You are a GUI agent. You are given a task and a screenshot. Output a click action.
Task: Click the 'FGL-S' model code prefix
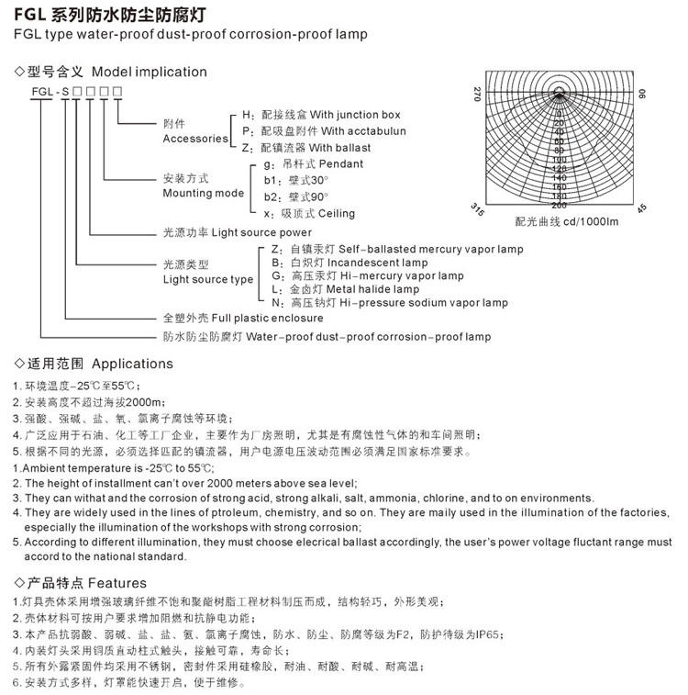click(x=45, y=94)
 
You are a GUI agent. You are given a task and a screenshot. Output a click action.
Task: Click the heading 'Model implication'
click(x=150, y=72)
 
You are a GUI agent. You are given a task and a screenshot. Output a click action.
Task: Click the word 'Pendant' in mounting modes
click(x=339, y=163)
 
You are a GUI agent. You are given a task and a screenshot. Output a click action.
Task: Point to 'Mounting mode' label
click(x=203, y=194)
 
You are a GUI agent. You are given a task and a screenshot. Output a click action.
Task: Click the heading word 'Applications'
click(x=132, y=364)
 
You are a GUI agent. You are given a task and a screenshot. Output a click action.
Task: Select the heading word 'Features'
click(x=117, y=582)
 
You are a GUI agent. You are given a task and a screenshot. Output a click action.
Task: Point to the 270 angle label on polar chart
click(x=478, y=94)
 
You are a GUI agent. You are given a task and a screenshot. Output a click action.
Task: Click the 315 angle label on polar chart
click(x=477, y=208)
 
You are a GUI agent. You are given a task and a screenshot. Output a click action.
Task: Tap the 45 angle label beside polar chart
click(x=641, y=208)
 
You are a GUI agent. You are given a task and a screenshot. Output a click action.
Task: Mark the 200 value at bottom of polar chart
click(x=560, y=205)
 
